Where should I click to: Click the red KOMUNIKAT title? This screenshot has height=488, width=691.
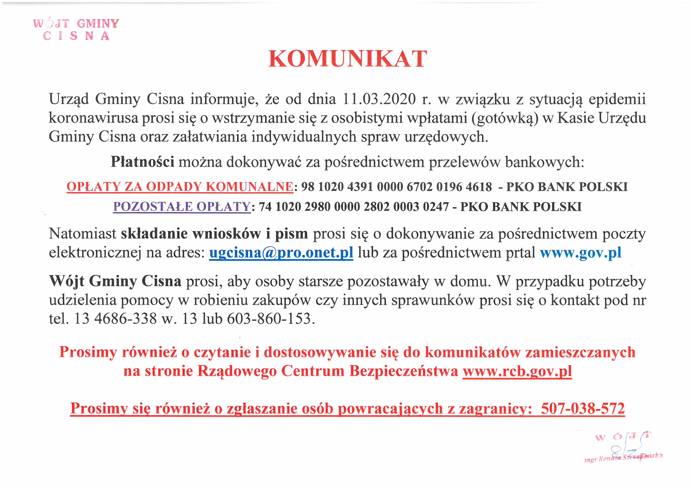pos(348,59)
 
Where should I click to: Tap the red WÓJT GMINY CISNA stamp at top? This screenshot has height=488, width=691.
pos(76,30)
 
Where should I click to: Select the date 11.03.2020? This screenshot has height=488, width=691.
pos(379,99)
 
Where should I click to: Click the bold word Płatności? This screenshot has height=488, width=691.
pos(142,162)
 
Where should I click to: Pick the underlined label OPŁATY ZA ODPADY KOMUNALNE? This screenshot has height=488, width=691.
pos(180,187)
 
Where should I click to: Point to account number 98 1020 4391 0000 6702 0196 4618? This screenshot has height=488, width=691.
pos(396,187)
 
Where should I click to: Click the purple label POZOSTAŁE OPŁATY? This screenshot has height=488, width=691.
pos(182,207)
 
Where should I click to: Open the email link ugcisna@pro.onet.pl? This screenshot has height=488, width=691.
pos(281,253)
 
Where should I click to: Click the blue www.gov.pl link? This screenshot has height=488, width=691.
pos(580,253)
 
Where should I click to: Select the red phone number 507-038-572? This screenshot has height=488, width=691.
pos(583,409)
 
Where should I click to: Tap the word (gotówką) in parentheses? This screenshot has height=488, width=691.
pos(505,118)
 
